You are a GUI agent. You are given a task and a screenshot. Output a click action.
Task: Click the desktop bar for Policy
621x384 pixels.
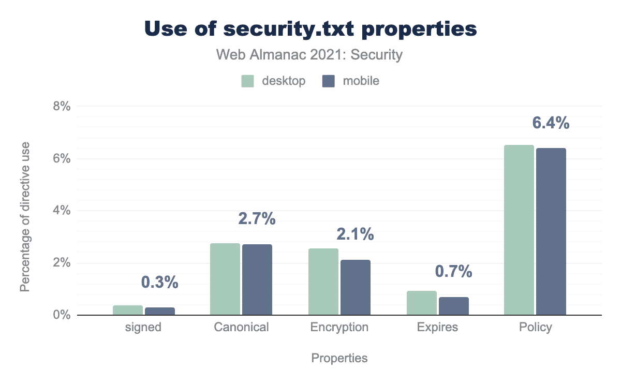[519, 230]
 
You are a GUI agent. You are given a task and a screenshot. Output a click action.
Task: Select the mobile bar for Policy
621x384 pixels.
[551, 231]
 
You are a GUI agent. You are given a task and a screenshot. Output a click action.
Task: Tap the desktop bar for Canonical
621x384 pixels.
[225, 279]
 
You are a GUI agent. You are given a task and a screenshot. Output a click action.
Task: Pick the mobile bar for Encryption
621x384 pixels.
[355, 287]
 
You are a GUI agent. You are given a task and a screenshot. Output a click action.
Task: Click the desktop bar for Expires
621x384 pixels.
[421, 303]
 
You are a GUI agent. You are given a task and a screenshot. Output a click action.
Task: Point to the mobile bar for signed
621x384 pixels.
[159, 311]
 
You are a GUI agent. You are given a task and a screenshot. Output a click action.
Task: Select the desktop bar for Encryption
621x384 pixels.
[323, 282]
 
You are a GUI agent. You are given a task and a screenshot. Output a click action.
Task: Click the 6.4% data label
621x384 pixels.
[551, 123]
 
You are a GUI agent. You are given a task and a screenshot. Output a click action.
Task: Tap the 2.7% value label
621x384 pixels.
[257, 219]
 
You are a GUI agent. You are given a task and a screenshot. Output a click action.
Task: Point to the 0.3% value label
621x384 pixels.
[159, 282]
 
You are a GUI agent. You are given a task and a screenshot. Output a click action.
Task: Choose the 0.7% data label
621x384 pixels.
[453, 271]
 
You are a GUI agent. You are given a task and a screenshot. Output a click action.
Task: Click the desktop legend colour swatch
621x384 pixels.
[248, 81]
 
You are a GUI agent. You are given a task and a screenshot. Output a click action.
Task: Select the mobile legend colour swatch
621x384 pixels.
[329, 81]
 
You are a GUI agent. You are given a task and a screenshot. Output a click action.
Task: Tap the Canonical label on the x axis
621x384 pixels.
[241, 327]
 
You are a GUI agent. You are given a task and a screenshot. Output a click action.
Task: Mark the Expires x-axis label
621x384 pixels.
[438, 327]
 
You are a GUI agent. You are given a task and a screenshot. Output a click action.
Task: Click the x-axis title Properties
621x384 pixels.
[339, 358]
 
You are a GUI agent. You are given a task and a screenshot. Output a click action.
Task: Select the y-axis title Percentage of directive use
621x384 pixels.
[25, 216]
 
